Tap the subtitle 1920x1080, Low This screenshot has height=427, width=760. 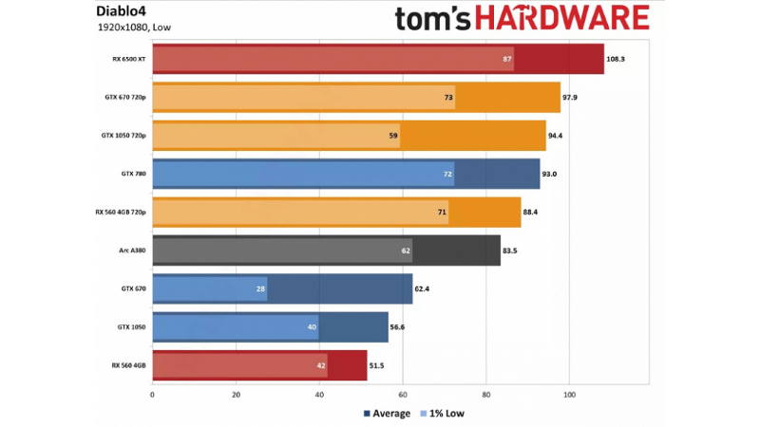(134, 28)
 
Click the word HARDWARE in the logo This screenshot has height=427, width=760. (561, 18)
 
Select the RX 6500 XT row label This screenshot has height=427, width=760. (129, 59)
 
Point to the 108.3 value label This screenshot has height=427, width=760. (616, 59)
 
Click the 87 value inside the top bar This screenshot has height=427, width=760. (507, 59)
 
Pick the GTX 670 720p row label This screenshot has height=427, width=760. (125, 98)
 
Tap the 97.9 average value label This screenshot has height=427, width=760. (570, 98)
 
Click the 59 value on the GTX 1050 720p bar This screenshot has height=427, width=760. (393, 136)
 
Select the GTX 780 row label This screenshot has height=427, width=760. (133, 174)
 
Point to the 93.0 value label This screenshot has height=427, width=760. (549, 174)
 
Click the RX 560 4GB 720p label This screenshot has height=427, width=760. (121, 212)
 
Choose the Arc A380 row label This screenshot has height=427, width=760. (132, 251)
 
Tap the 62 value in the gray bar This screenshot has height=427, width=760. (406, 251)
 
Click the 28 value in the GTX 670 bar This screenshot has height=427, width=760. (260, 289)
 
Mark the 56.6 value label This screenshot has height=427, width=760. (397, 327)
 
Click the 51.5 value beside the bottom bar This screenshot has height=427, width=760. (376, 365)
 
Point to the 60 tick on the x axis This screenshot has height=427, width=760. (403, 395)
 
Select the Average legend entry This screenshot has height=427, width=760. (387, 414)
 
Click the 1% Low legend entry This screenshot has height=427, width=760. (443, 414)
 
